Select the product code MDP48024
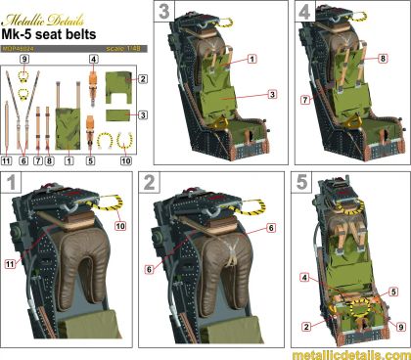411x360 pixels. (x=23, y=44)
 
